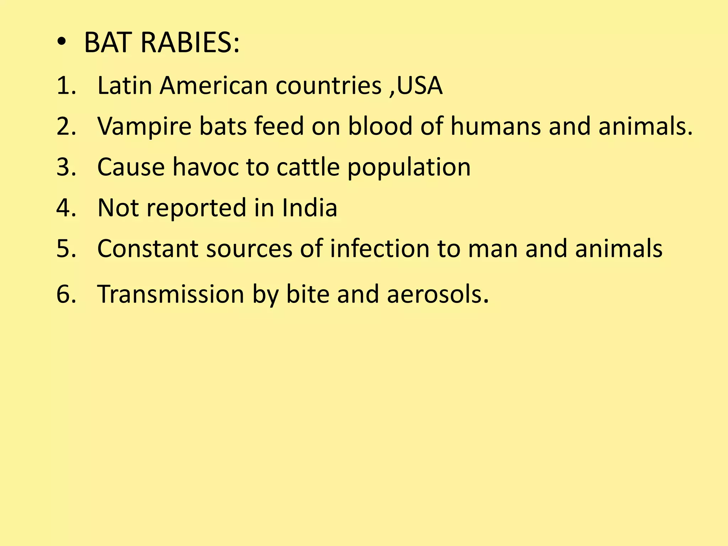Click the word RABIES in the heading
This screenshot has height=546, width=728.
[190, 43]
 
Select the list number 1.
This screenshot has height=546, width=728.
[66, 86]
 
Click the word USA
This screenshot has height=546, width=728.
[419, 86]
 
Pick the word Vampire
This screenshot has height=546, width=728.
[144, 127]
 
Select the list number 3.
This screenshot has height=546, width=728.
[66, 167]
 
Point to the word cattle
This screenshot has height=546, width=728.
[308, 167]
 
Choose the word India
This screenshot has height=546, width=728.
[309, 208]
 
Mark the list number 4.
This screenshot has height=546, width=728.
[66, 208]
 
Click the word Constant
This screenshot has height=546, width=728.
[148, 248]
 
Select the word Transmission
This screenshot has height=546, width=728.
[170, 294]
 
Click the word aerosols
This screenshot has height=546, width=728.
[437, 294]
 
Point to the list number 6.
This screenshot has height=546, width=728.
[66, 294]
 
